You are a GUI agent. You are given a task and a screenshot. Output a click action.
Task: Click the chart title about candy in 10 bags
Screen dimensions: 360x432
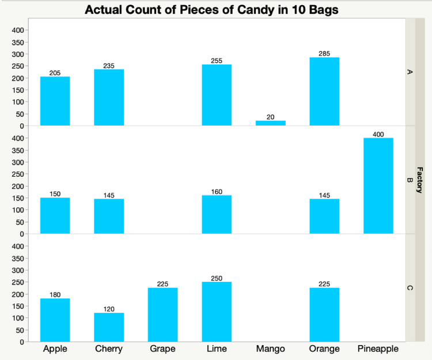(211, 10)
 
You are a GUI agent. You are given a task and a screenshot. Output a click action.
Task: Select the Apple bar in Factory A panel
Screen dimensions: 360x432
(55, 101)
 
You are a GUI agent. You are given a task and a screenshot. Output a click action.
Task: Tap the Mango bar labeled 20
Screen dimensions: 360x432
(270, 123)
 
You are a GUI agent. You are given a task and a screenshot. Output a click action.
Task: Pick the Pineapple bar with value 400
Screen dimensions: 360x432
(378, 186)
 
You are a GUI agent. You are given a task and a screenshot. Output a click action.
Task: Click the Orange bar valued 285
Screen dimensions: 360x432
(324, 92)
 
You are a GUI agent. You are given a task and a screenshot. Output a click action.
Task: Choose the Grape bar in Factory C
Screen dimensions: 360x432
(162, 314)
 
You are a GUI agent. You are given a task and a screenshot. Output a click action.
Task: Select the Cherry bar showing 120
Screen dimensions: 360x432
(109, 327)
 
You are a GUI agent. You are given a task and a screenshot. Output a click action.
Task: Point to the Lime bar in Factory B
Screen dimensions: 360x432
(217, 215)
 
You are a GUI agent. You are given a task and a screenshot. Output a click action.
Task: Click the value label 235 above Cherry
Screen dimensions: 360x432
(109, 66)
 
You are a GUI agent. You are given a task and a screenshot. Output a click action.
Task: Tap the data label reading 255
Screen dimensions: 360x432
(217, 60)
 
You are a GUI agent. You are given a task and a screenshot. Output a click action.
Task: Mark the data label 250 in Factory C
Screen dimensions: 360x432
(217, 278)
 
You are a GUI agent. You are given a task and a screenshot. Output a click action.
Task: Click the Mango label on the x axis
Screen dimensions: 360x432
(270, 349)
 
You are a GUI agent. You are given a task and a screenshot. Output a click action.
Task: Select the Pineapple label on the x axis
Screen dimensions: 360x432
(378, 349)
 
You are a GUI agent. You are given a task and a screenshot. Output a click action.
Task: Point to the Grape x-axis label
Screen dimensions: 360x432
(162, 349)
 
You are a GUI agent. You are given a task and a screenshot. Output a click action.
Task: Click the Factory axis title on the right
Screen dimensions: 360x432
(419, 180)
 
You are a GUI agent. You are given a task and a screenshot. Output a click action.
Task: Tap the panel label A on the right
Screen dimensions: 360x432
(410, 72)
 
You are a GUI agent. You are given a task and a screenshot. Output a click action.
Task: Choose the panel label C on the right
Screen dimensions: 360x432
(410, 287)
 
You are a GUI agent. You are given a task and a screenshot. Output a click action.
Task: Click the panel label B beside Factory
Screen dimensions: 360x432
(410, 180)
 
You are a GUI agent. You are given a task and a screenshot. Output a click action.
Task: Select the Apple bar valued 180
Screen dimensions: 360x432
(55, 320)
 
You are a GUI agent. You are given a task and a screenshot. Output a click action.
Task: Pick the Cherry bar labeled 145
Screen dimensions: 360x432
(109, 217)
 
